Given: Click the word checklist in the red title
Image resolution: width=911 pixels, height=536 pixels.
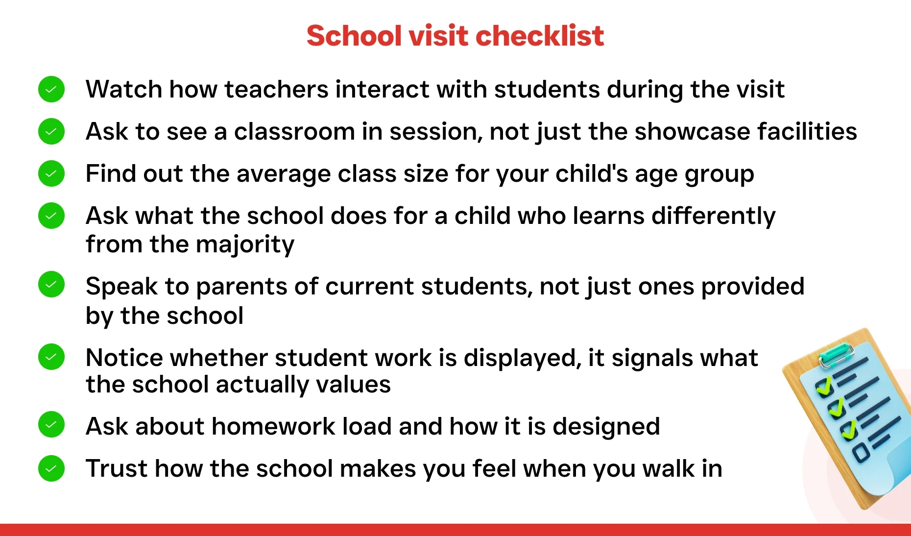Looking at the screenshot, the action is click(540, 36).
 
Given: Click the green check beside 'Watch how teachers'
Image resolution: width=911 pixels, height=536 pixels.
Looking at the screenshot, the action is click(51, 89).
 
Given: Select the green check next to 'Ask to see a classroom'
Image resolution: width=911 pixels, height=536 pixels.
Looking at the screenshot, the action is click(51, 131).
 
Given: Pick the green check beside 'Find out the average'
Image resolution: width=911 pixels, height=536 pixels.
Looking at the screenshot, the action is click(51, 173).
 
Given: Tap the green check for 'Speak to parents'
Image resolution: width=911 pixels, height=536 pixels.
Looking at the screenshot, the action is click(51, 284).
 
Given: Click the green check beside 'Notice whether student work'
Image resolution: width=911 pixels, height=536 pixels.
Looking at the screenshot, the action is click(51, 356).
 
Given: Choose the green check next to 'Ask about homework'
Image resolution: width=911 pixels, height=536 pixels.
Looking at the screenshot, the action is click(51, 424).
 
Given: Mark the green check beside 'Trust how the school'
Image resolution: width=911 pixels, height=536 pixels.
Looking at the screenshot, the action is click(51, 468).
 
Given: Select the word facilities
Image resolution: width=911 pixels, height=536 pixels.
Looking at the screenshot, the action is click(807, 132).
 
